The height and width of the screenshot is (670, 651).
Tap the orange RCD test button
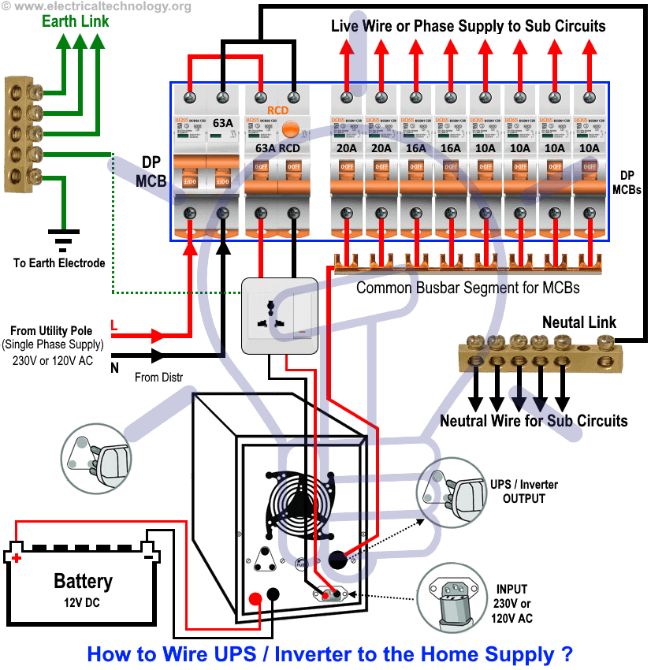293,127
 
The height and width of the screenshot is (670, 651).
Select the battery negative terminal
147,556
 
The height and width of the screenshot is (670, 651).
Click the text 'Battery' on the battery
83,582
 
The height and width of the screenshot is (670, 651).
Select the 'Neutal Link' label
579,322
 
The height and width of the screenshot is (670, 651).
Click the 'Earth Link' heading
76,21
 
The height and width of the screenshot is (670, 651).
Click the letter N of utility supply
115,367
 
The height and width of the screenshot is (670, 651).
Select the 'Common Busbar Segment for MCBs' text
467,288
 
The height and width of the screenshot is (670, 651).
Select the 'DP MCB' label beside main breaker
151,171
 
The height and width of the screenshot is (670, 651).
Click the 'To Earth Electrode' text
59,263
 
